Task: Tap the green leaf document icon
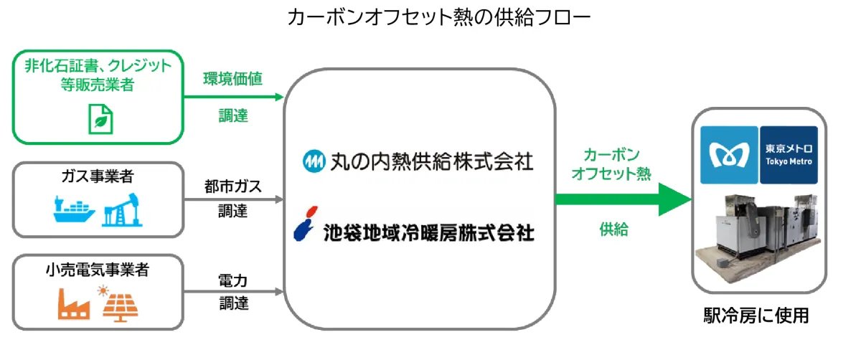(x=100, y=118)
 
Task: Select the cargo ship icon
(x=74, y=212)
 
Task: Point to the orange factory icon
(x=74, y=305)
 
